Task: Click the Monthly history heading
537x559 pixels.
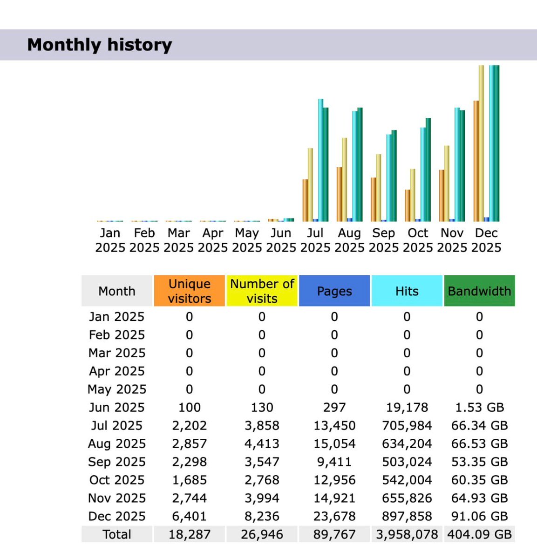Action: click(x=99, y=45)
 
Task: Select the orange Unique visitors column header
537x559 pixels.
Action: click(x=189, y=291)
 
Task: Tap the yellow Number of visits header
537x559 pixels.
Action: click(x=262, y=291)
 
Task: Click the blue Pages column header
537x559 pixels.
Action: click(x=334, y=291)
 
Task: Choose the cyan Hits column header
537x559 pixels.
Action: click(x=407, y=291)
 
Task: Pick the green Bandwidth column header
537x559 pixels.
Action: click(x=479, y=291)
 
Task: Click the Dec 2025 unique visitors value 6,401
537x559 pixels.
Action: click(x=189, y=516)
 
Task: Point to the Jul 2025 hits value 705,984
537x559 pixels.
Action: click(x=407, y=425)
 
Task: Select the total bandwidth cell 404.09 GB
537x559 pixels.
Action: click(x=479, y=534)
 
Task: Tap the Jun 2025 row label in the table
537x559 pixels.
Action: click(x=116, y=407)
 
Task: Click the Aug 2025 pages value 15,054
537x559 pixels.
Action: click(x=334, y=443)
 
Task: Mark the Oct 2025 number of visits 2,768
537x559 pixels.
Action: click(x=262, y=480)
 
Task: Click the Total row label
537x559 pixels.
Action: click(x=116, y=534)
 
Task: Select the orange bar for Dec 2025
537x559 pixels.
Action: click(x=476, y=161)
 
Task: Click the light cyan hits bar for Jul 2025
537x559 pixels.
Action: click(x=320, y=160)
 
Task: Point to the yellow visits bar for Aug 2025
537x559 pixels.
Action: click(x=344, y=179)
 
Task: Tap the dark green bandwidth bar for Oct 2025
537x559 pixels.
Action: click(x=428, y=170)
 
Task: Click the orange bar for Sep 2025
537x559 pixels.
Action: click(x=374, y=199)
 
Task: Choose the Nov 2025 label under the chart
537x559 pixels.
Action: click(x=452, y=240)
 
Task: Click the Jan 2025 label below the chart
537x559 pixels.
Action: click(x=110, y=240)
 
